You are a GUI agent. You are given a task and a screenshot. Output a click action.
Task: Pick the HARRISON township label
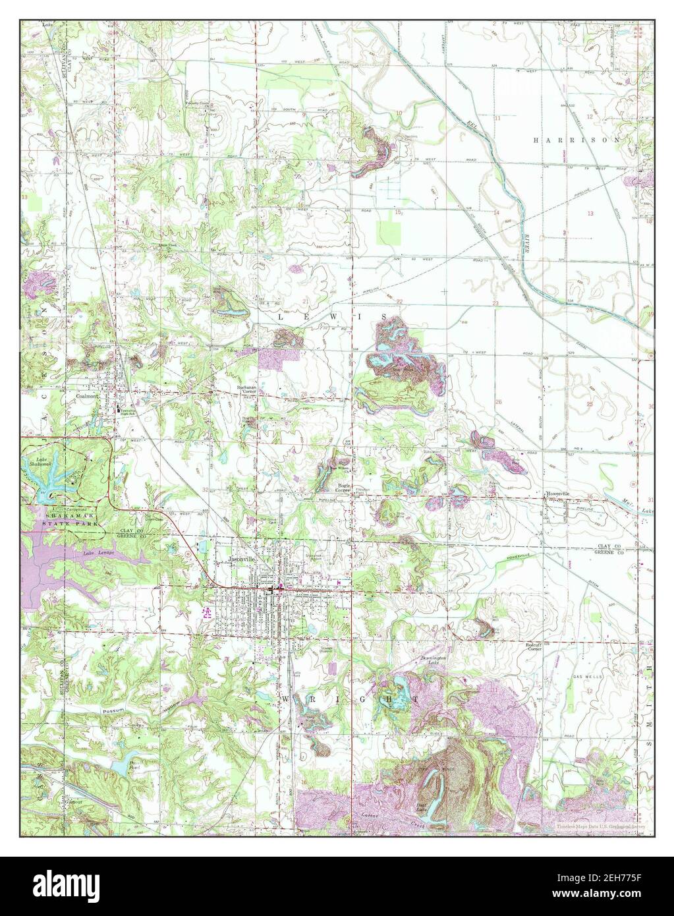576,140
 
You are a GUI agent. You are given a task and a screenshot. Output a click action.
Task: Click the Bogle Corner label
343,488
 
